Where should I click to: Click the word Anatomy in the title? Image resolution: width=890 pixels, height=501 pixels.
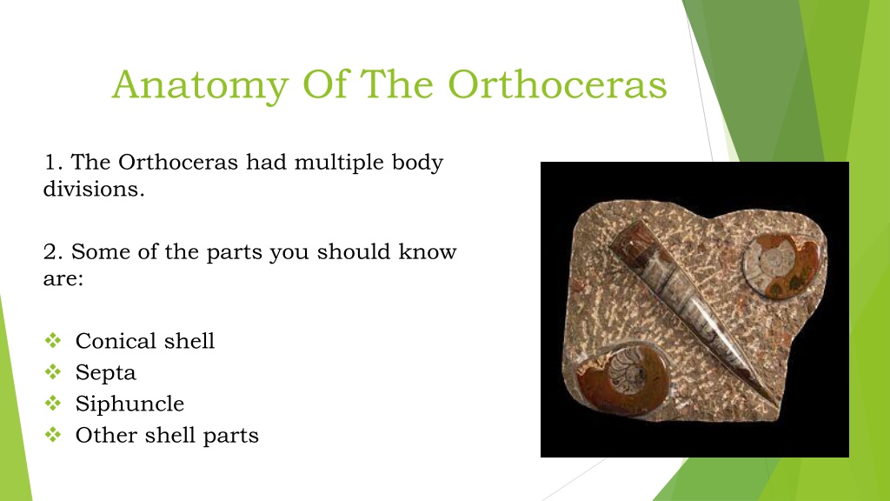201,86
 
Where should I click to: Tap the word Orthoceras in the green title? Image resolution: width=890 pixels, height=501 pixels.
557,85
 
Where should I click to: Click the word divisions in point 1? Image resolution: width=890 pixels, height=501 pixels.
94,189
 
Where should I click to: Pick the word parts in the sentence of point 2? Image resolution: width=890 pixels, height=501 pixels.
234,253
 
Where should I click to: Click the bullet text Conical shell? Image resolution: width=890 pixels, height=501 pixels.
145,341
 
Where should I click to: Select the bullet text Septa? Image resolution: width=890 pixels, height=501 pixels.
105,373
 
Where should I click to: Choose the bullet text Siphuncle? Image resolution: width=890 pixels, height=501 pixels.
130,404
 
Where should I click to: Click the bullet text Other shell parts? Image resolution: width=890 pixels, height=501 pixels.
167,436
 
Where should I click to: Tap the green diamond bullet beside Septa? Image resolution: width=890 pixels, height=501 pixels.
53,372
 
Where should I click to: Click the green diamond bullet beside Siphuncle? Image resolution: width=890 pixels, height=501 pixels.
53,404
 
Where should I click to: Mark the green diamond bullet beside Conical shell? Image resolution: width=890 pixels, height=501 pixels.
53,340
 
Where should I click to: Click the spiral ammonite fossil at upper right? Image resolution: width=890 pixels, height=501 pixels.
781,266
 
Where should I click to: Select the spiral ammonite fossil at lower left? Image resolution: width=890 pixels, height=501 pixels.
622,377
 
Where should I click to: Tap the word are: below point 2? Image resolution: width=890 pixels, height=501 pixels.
63,279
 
